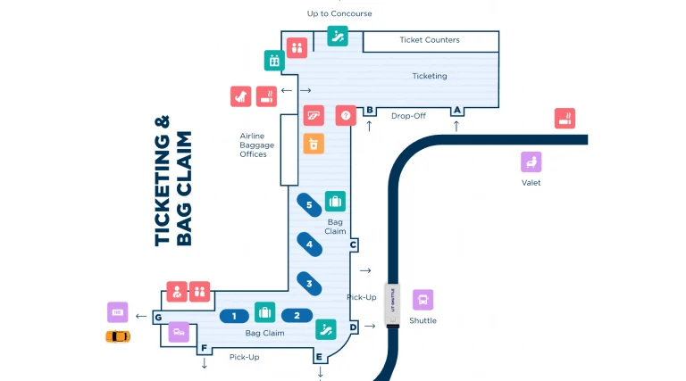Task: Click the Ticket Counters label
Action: [430, 40]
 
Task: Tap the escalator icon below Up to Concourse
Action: [337, 36]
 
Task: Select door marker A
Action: [456, 110]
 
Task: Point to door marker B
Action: [369, 110]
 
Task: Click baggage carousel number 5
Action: [309, 205]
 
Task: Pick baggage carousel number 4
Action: [309, 244]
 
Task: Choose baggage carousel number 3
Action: [309, 284]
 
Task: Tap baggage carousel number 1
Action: [234, 316]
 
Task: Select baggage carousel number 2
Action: [297, 316]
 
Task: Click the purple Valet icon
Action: [531, 162]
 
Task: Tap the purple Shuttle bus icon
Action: [422, 300]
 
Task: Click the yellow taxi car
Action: [118, 336]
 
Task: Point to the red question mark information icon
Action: [345, 115]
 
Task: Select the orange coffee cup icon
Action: [313, 144]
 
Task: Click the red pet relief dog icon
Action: [240, 95]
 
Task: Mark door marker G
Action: [157, 318]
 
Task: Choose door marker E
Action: [319, 358]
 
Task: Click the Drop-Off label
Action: [407, 115]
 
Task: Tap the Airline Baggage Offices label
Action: [254, 145]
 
